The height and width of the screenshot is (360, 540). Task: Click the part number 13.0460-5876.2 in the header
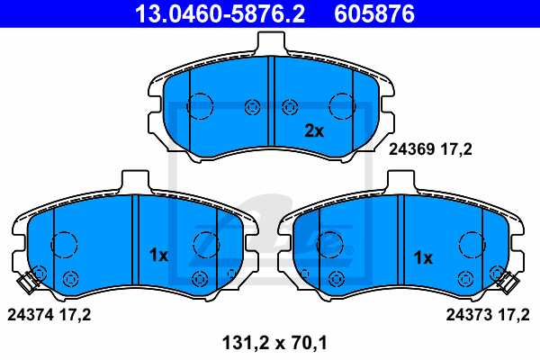point(220,13)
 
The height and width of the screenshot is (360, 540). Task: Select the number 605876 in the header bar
point(388,13)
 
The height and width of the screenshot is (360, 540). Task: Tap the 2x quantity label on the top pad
point(313,130)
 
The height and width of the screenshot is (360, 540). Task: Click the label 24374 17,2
point(49,315)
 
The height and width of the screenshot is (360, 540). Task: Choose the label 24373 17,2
point(489,315)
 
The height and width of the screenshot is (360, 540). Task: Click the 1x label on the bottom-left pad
point(157,256)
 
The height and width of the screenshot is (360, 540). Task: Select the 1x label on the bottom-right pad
point(423,257)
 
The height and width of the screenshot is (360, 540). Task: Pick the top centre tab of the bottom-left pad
point(132,179)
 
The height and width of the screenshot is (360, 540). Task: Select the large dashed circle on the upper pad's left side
point(199,106)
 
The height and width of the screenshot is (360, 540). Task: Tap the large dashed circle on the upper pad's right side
point(341,106)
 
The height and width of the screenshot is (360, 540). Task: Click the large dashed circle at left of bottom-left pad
point(63,244)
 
